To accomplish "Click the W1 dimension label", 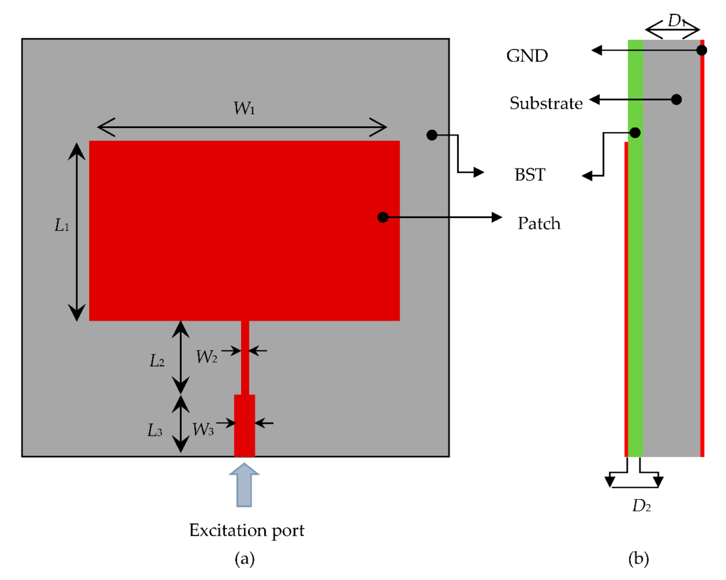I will pos(244,109).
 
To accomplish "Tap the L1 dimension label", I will pos(62,225).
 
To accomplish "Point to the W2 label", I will pos(206,357).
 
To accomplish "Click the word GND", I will pos(527,56).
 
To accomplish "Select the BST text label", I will pos(530,175).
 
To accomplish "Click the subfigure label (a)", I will pos(244,559).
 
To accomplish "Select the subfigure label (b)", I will pos(639,559).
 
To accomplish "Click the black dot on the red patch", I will pos(383,217).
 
